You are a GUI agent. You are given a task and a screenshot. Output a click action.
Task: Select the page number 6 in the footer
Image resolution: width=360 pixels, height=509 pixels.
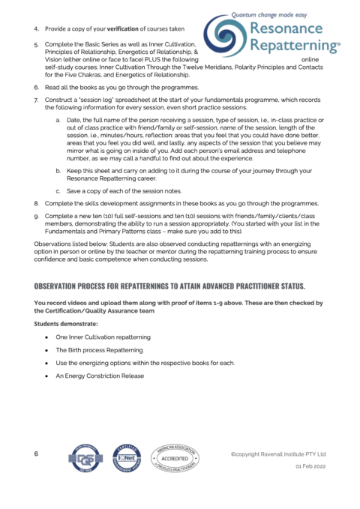pos(36,454)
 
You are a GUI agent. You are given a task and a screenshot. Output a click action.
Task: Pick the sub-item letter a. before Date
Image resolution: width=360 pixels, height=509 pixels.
pos(58,121)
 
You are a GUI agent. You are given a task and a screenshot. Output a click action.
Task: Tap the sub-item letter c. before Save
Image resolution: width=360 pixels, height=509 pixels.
pos(58,191)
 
